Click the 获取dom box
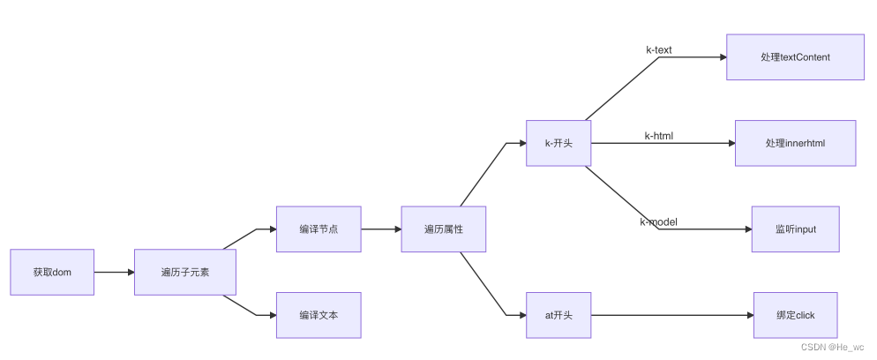click(52, 272)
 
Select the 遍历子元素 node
click(185, 272)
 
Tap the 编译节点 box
click(319, 229)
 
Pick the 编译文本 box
click(319, 315)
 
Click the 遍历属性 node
click(444, 229)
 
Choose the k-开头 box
click(558, 143)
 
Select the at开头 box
click(558, 315)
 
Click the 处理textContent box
click(795, 57)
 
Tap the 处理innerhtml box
click(795, 143)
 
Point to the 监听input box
click(795, 229)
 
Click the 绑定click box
click(795, 315)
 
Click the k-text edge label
click(658, 50)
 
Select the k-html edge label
click(658, 136)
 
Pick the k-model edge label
click(658, 221)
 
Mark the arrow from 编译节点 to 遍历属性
click(380, 229)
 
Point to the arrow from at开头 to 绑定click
click(671, 315)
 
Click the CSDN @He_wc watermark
click(833, 348)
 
